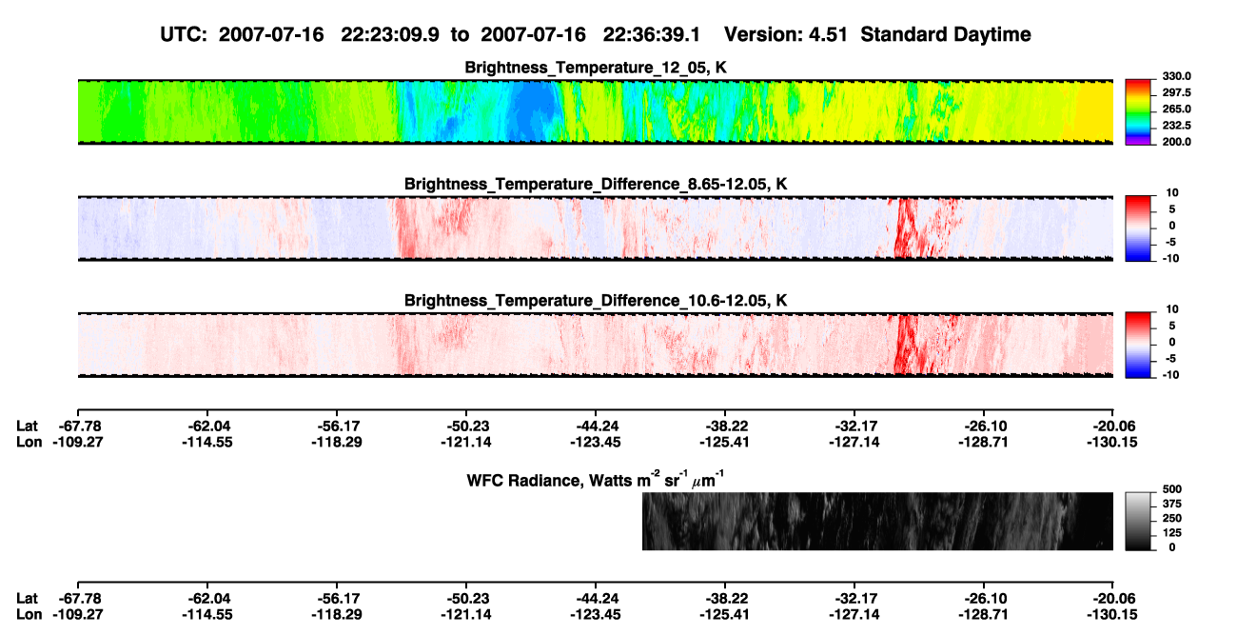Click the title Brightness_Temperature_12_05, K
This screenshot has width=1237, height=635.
(x=596, y=68)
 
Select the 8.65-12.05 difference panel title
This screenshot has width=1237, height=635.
(x=596, y=184)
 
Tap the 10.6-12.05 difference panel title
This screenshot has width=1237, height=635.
(x=596, y=301)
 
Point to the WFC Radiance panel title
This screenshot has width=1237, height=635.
(x=596, y=479)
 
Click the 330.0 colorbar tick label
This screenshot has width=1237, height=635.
(x=1176, y=76)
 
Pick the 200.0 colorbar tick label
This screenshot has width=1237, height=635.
(x=1176, y=142)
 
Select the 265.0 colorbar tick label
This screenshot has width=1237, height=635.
(x=1176, y=109)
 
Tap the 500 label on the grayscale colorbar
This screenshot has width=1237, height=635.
(x=1172, y=489)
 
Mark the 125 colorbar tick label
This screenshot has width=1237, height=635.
(x=1172, y=533)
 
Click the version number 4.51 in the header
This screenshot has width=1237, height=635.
(x=828, y=34)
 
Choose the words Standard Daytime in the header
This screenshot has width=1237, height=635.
(x=946, y=34)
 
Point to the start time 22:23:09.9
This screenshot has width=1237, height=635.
(x=390, y=34)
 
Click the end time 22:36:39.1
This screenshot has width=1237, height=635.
(x=652, y=34)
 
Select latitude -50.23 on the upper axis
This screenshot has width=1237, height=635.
(x=466, y=427)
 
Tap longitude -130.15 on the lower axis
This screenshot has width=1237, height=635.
(x=1112, y=615)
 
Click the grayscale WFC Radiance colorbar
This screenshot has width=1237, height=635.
(x=1138, y=521)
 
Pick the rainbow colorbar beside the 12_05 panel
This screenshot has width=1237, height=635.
(x=1138, y=112)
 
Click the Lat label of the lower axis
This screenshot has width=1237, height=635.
(x=27, y=599)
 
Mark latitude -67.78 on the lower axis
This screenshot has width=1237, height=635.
(x=78, y=599)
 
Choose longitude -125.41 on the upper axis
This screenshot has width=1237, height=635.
(x=724, y=442)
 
